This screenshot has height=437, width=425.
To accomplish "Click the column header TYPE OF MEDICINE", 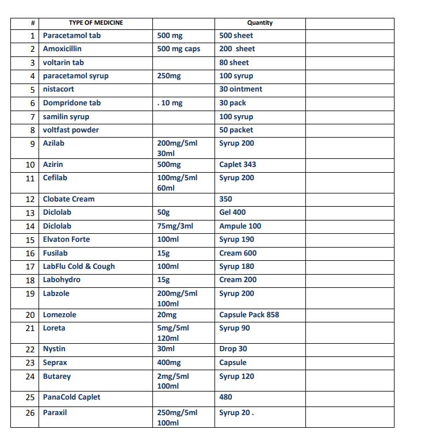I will (x=95, y=23).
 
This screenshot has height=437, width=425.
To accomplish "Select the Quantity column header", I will (x=260, y=23).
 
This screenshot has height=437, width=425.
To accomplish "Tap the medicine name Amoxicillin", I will (x=62, y=49).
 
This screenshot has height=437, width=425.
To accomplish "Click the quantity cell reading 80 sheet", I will (x=234, y=62).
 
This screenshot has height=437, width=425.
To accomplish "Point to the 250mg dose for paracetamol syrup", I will (x=169, y=76).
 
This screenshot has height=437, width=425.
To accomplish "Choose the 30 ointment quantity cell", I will (x=240, y=89).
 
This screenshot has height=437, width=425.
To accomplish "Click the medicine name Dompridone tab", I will (x=72, y=103).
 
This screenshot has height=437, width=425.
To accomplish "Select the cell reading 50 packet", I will (x=236, y=130).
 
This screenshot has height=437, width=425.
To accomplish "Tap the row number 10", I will (x=30, y=165).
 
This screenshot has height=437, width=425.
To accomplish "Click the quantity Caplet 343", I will (x=238, y=165).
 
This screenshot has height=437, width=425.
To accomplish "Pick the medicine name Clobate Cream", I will (x=68, y=199).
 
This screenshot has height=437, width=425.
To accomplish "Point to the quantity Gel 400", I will (x=232, y=212).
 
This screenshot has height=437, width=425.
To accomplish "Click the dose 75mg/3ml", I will (x=175, y=226).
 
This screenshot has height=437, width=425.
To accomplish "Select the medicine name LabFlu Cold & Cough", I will (x=79, y=267).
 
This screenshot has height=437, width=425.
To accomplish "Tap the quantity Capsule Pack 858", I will (x=249, y=315).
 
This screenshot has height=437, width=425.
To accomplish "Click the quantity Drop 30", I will (x=233, y=349).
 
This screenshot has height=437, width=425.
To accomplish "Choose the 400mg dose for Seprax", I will (x=169, y=363).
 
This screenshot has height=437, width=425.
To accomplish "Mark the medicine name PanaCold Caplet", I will (x=71, y=397).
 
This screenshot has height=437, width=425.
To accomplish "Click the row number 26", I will (x=30, y=413).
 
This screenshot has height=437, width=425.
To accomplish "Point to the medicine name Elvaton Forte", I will (x=66, y=240).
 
